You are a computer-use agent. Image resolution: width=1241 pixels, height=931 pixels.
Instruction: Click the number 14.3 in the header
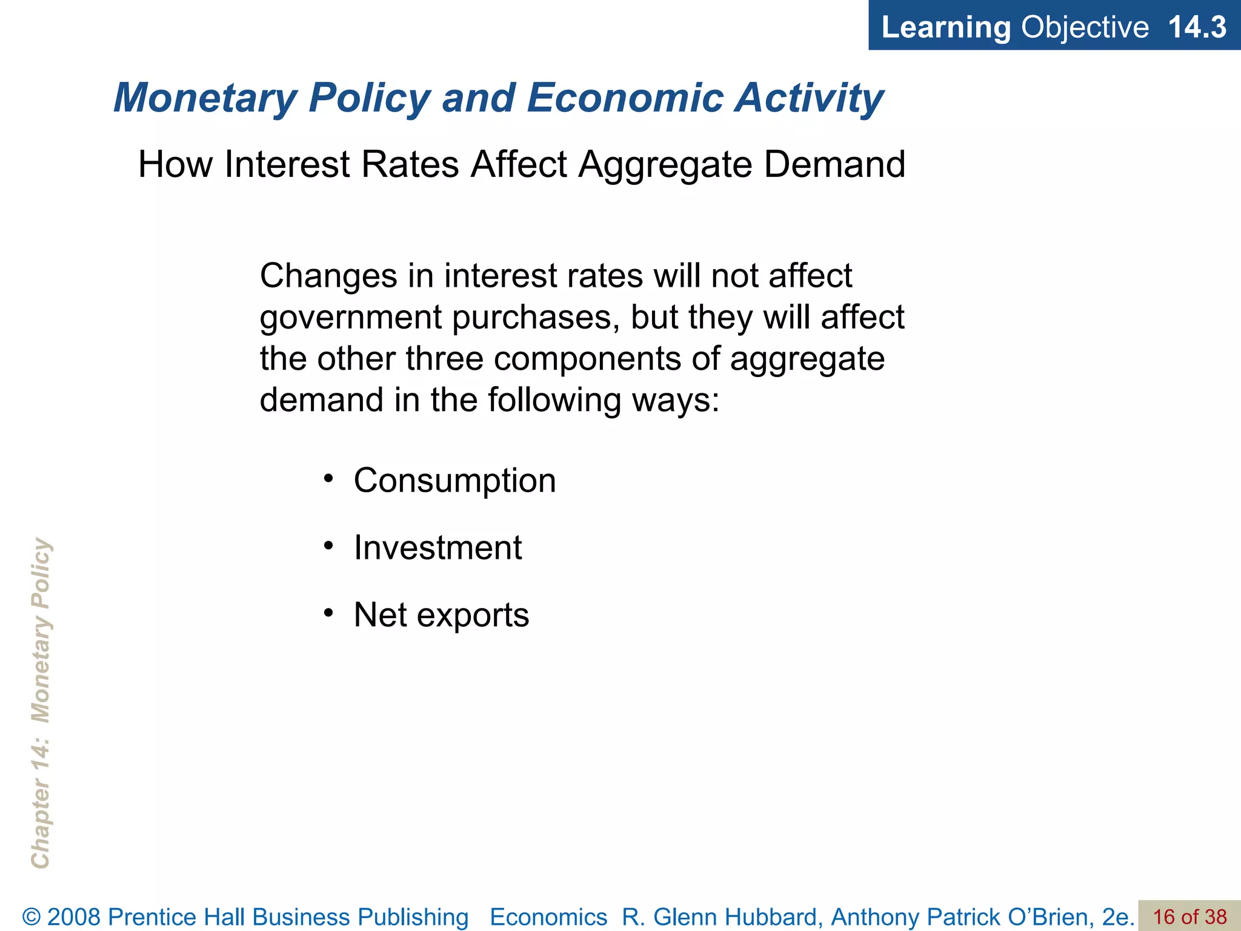click(x=1197, y=27)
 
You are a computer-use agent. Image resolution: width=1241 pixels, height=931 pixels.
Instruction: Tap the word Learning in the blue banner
click(x=946, y=27)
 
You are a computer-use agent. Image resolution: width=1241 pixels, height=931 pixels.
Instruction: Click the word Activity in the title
click(x=808, y=98)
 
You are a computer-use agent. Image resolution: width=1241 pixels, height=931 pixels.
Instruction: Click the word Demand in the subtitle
click(x=834, y=164)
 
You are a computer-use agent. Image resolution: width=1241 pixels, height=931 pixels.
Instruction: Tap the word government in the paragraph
click(x=351, y=318)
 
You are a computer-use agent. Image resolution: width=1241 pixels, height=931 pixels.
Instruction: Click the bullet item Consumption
click(x=454, y=481)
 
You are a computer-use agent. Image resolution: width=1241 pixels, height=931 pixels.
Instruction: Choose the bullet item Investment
click(x=438, y=548)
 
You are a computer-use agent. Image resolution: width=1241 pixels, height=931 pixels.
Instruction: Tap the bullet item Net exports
click(x=441, y=615)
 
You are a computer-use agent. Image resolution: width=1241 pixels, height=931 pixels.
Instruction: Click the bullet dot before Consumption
click(x=328, y=479)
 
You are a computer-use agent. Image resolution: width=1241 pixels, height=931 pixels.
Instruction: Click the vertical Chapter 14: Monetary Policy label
click(x=41, y=703)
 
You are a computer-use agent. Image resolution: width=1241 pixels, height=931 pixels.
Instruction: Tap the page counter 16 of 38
click(x=1189, y=917)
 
